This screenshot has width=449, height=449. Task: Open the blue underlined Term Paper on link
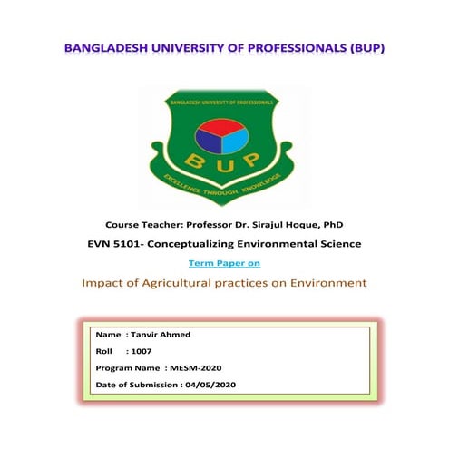[224, 263]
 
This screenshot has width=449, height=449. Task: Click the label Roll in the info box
[104, 350]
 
